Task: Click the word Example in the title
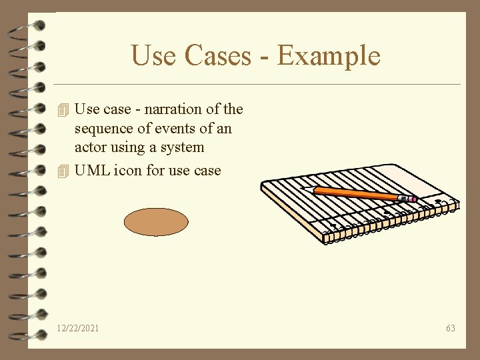coord(329,55)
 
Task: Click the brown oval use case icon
coord(156,222)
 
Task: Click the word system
coord(182,147)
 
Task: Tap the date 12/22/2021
coord(78,328)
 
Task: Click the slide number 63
coord(451,328)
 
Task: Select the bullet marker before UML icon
coord(63,171)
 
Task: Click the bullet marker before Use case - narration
coord(63,109)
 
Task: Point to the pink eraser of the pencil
coord(412,199)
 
